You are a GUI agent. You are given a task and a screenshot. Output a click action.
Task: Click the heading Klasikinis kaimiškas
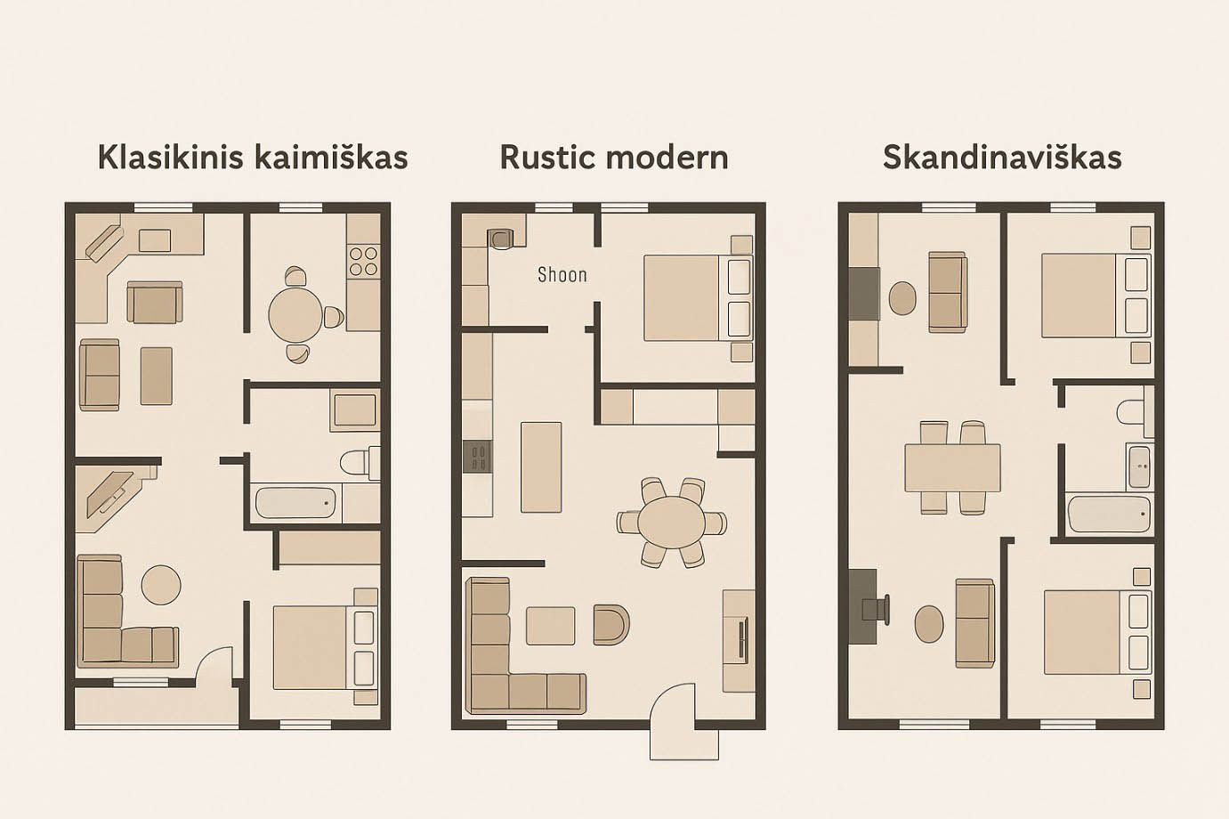tap(253, 158)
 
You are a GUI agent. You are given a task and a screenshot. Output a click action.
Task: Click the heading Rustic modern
tap(614, 158)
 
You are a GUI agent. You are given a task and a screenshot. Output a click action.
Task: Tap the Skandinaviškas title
tap(1002, 158)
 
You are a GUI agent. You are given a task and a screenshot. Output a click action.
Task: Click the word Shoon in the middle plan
tap(562, 274)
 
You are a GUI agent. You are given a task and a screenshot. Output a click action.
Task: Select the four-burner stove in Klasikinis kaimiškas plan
tap(364, 262)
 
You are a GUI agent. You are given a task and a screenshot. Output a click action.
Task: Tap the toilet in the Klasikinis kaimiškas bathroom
tap(360, 463)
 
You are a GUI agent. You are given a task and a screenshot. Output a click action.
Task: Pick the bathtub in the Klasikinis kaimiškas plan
tap(296, 503)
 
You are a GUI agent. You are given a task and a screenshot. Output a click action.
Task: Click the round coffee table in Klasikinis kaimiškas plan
tap(161, 585)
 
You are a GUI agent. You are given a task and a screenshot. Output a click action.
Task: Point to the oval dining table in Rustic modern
tap(671, 522)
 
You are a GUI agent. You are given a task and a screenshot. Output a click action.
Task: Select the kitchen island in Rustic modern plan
tap(541, 467)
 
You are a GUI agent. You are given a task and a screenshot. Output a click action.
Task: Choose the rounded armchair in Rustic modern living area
tap(611, 624)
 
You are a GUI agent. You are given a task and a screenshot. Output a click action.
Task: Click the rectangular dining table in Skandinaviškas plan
tap(952, 467)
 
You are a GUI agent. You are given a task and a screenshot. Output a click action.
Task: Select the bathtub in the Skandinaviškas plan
tap(1109, 515)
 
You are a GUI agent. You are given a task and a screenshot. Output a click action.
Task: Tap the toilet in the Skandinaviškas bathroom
tap(1131, 411)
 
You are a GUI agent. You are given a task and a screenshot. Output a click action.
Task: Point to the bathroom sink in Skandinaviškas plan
tap(1139, 466)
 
